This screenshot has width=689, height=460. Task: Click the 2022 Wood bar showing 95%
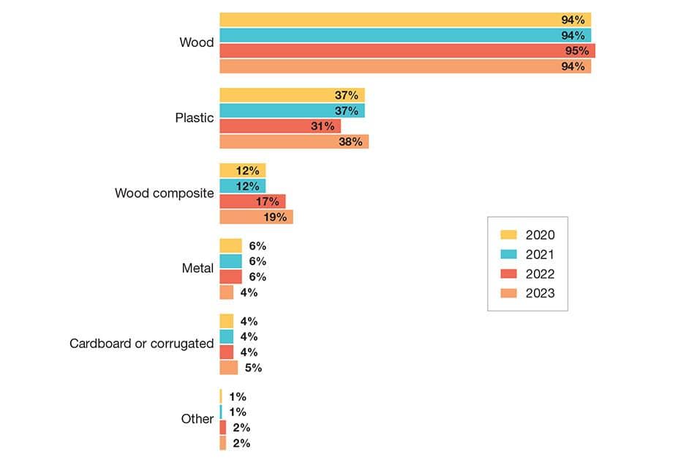pos(407,51)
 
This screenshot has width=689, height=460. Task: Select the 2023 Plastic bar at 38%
pos(293,142)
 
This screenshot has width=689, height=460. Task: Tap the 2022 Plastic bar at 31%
pos(279,126)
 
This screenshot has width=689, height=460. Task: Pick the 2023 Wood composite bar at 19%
pos(256,218)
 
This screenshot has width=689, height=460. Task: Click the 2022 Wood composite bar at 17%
pos(252,201)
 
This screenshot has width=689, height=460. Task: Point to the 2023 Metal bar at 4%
pos(227,293)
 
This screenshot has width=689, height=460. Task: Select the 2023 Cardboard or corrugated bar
pos(229,368)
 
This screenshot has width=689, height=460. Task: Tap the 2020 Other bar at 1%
pos(221,396)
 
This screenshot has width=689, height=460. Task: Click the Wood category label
pos(196,42)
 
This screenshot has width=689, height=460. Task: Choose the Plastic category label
pos(194,118)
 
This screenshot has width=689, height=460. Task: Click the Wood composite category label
pos(164,193)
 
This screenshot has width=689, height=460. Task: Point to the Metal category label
pos(197,269)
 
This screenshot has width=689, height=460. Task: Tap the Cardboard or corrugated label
pos(141,344)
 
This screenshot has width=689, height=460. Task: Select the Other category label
pos(197,419)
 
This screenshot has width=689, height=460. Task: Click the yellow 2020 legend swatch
pos(508,235)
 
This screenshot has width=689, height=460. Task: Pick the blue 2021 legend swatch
pos(508,255)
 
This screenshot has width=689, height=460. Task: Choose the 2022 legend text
pos(540,275)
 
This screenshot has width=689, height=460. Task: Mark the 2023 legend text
pos(540,294)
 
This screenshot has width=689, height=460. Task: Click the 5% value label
pos(253,368)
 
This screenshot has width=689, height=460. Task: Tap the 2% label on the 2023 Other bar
pos(241,443)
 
